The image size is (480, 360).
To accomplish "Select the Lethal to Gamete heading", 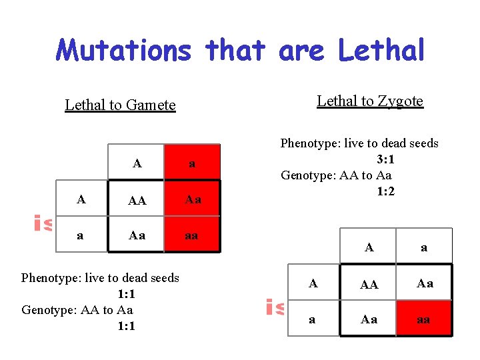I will [120, 105].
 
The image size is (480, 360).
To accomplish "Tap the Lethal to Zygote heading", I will [370, 101].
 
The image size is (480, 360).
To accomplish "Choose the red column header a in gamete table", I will [192, 163].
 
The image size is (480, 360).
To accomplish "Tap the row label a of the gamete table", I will [81, 236].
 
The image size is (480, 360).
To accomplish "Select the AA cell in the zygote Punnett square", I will [369, 284].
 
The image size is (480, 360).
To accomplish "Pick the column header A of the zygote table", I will [369, 247].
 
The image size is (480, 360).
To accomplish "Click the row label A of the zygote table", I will [313, 283].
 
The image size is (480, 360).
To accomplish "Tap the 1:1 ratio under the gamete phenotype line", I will [126, 294].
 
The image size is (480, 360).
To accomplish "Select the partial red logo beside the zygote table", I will [275, 307].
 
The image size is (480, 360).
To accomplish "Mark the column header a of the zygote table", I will [424, 247].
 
